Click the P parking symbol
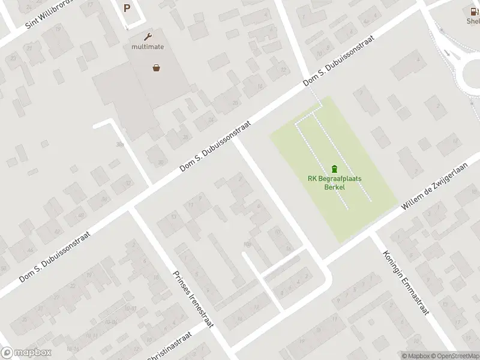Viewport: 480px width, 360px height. pos(127,8)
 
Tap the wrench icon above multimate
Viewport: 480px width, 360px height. pos(148,36)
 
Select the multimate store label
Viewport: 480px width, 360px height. pos(148,46)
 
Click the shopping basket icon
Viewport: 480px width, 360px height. pos(157,68)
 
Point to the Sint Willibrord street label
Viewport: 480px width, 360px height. pos(49,15)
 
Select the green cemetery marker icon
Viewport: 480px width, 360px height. pos(334,168)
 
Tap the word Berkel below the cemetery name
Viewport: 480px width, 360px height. pos(334,187)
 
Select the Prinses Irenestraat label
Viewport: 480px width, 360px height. pos(193,298)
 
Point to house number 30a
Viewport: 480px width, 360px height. pos(120,144)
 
